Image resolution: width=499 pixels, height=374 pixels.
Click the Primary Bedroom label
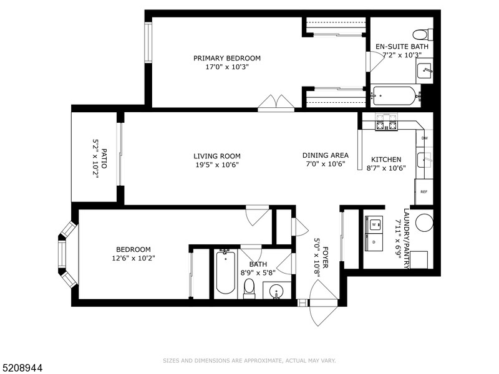(226, 59)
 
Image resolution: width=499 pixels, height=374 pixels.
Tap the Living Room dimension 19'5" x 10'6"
(216, 165)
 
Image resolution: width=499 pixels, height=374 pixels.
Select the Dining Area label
(325, 155)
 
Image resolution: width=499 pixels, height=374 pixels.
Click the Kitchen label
(386, 160)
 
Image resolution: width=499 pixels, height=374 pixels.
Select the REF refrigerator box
(424, 191)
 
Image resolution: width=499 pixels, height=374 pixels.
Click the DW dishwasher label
(424, 138)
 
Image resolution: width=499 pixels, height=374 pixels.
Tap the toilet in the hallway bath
(249, 287)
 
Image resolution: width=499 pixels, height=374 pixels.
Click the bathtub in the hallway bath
(225, 272)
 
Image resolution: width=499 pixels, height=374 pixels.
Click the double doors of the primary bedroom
(276, 103)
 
